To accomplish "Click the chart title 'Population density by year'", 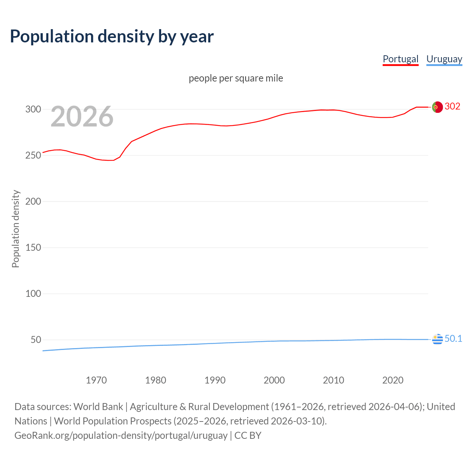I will [x=112, y=37].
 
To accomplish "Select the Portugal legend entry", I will [x=400, y=59].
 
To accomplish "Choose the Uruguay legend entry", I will [x=444, y=59].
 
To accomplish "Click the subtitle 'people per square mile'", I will [x=236, y=78].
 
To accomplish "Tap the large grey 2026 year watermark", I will [x=82, y=117].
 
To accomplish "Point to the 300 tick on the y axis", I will [x=33, y=109].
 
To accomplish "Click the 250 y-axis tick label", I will [x=33, y=155].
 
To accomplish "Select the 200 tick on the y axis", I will [x=33, y=201].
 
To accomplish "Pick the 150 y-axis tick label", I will [x=33, y=247].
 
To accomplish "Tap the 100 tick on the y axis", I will [x=33, y=294].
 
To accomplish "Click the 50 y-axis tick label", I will [x=36, y=340].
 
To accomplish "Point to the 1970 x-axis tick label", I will [x=96, y=380].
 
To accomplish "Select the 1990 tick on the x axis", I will [x=215, y=380].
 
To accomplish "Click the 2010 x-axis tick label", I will [x=333, y=380].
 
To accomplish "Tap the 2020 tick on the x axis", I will [x=393, y=380].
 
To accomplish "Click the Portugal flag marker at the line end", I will [x=437, y=107].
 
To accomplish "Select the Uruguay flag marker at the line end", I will [x=437, y=339].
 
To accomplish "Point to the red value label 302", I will [x=452, y=107].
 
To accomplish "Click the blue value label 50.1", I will [x=453, y=339].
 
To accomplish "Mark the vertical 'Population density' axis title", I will [x=15, y=229].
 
